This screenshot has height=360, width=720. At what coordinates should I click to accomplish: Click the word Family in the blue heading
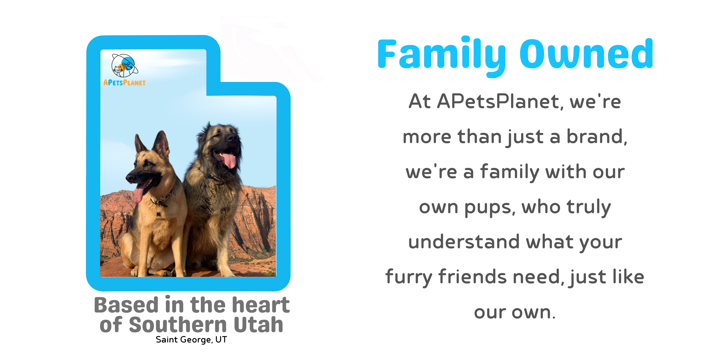click(442, 56)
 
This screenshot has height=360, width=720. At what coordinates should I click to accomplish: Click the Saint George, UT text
click(191, 340)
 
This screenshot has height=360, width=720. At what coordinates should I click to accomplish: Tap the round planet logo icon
click(125, 66)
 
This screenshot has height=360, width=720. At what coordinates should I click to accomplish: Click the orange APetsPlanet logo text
click(124, 83)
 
